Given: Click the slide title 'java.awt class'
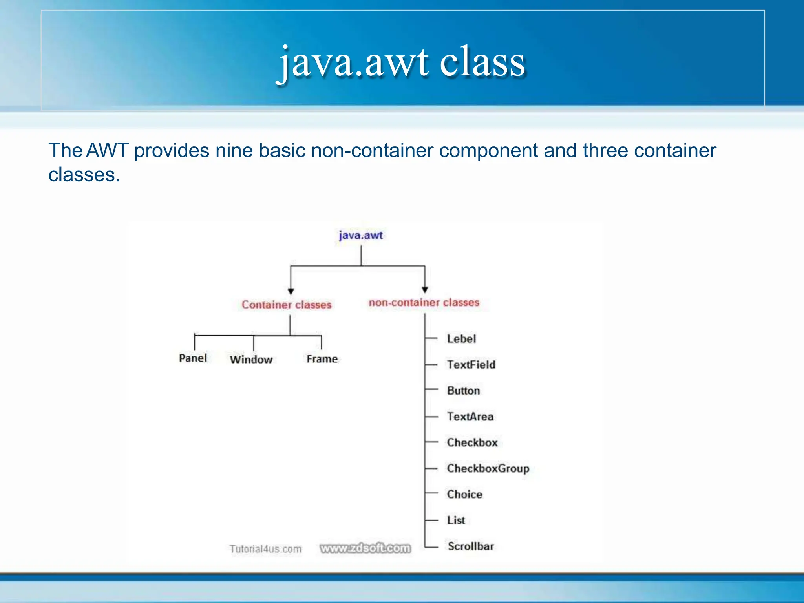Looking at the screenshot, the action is tap(401, 62).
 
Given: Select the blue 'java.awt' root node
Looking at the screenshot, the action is tap(360, 235).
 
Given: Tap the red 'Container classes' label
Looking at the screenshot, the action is tap(287, 305).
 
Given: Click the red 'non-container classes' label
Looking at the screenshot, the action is tap(424, 302).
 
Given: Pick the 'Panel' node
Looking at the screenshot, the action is tap(193, 358).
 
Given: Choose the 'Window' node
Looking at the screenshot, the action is tap(251, 359).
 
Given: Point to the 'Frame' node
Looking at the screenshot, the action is tap(322, 359).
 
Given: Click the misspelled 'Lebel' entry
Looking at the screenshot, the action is tap(461, 339).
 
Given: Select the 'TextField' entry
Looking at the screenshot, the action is tap(471, 365).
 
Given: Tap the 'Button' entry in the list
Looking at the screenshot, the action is tap(464, 391).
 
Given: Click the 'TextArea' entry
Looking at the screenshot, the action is tap(470, 417).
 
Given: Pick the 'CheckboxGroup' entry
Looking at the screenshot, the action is tap(488, 468).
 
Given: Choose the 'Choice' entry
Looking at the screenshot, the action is tap(464, 494).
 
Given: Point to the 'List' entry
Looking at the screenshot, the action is tap(456, 520).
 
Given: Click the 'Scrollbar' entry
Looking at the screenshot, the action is tap(471, 546).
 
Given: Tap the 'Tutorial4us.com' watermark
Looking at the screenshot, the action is tap(266, 549).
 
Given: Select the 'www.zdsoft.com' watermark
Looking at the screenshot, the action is tap(365, 548).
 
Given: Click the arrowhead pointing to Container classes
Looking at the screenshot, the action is tap(291, 291).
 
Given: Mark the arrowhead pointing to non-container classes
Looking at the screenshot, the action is tap(425, 290).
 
